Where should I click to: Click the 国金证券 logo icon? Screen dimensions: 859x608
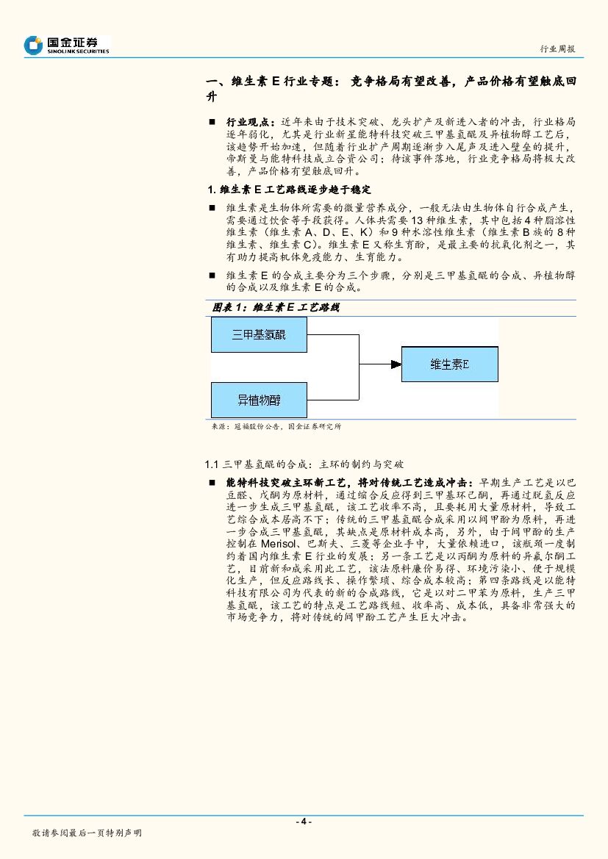(33, 45)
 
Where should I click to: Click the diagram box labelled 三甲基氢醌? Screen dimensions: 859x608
(259, 335)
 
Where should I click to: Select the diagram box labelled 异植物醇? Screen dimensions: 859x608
(259, 400)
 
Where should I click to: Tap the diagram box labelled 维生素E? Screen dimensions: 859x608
(449, 364)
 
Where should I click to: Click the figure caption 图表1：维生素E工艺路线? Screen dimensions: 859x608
(276, 307)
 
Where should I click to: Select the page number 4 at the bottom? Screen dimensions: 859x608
(303, 822)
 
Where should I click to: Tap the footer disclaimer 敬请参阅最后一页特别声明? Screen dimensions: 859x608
(87, 833)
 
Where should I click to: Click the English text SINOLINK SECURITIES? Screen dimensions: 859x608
(78, 51)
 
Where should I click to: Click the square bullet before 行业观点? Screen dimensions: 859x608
(212, 121)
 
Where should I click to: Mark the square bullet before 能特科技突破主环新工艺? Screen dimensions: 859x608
(212, 483)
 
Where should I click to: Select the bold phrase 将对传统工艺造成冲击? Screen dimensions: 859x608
(415, 483)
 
